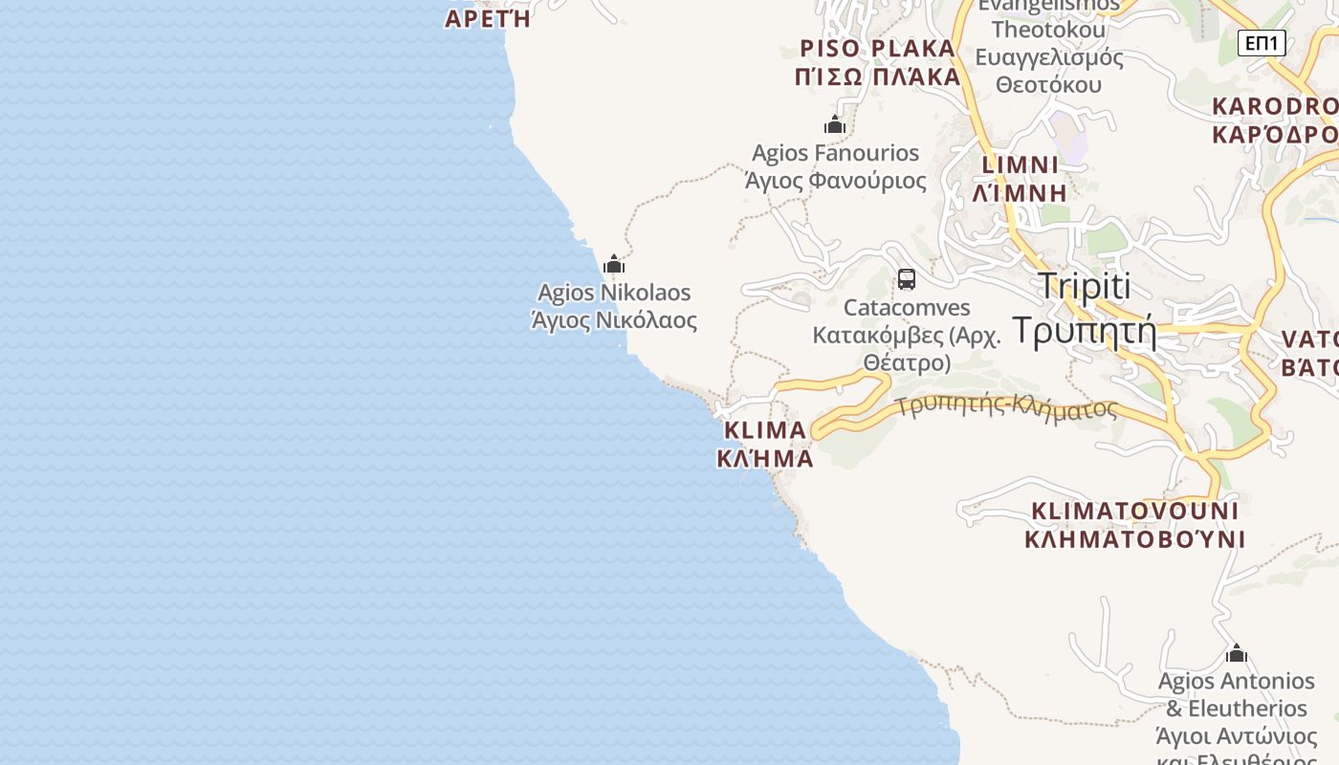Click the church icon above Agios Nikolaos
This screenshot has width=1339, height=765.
pyautogui.click(x=614, y=264)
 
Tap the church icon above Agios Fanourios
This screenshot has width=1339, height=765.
pyautogui.click(x=835, y=124)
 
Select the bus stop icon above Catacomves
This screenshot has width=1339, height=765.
pyautogui.click(x=907, y=279)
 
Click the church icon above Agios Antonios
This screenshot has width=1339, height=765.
pyautogui.click(x=1237, y=653)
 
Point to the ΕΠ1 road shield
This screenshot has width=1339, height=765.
pyautogui.click(x=1262, y=43)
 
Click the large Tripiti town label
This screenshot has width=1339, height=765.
pyautogui.click(x=1084, y=286)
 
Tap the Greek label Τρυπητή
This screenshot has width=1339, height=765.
pyautogui.click(x=1084, y=330)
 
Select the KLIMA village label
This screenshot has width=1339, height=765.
pyautogui.click(x=765, y=430)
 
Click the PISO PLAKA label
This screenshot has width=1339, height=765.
pyautogui.click(x=877, y=49)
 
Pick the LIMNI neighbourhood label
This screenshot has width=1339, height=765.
pyautogui.click(x=1021, y=164)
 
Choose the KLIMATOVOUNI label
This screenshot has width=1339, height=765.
pyautogui.click(x=1134, y=511)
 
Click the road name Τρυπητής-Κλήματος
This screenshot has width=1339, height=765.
pyautogui.click(x=1007, y=407)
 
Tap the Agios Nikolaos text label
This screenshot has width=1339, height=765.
pyautogui.click(x=614, y=293)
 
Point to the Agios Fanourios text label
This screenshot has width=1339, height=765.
pyautogui.click(x=835, y=153)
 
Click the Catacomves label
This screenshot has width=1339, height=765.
pyautogui.click(x=907, y=308)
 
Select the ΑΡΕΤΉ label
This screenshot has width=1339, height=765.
pyautogui.click(x=488, y=19)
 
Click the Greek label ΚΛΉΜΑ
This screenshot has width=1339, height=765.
pyautogui.click(x=765, y=458)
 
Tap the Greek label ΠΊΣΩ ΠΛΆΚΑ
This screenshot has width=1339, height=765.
pyautogui.click(x=877, y=76)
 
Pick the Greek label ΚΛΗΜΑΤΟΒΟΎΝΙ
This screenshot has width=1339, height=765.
pyautogui.click(x=1134, y=539)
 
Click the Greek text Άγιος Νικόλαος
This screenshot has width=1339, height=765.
pyautogui.click(x=614, y=320)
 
